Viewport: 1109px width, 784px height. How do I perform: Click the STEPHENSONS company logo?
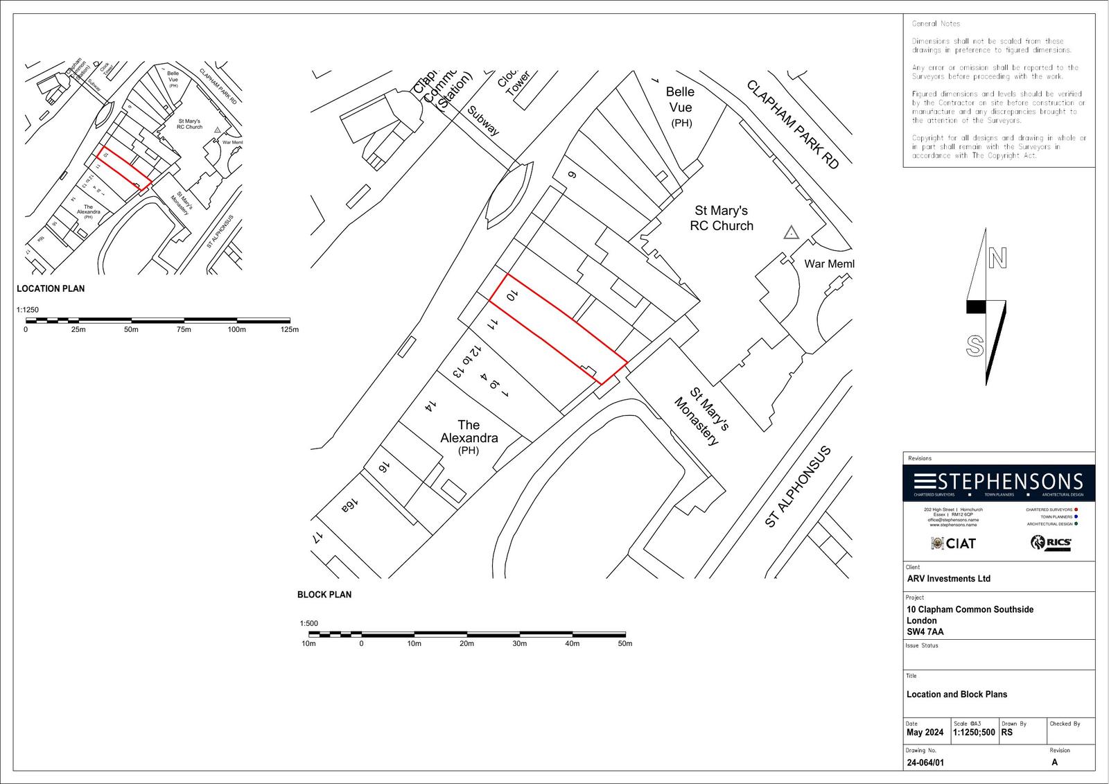tap(998, 482)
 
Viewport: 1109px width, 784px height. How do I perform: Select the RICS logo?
tap(1051, 543)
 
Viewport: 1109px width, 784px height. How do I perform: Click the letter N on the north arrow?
tap(997, 259)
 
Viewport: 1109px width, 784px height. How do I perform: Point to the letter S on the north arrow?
tap(975, 346)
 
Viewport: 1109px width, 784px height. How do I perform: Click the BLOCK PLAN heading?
tap(324, 595)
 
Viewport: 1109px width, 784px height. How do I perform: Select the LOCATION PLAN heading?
tap(51, 288)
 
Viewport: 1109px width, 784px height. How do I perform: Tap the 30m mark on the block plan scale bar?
tap(519, 643)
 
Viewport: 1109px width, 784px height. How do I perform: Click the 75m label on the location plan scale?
tap(184, 329)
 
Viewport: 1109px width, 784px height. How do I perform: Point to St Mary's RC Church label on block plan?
tap(721, 218)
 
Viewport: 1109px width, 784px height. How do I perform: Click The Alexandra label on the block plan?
tap(469, 432)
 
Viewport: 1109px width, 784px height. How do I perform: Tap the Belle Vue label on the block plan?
tap(680, 100)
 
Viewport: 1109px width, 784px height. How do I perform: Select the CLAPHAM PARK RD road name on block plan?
tap(792, 124)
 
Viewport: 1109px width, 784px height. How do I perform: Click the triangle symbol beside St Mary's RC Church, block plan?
tap(791, 233)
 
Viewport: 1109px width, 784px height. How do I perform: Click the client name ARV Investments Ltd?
tap(948, 579)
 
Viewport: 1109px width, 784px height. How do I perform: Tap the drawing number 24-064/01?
tap(925, 763)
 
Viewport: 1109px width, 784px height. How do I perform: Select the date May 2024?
tap(925, 732)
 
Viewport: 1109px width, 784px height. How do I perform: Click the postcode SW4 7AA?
tap(925, 631)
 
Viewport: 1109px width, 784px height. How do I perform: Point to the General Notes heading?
tap(936, 24)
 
